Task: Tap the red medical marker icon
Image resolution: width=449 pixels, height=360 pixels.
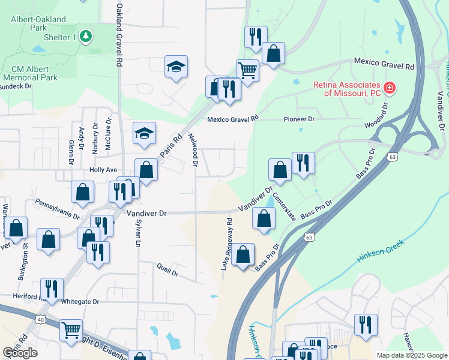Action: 390,88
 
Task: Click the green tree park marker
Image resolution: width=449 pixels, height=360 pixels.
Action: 86,37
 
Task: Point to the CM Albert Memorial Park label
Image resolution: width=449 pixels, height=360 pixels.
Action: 30,73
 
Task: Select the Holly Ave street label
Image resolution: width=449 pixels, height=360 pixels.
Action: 103,170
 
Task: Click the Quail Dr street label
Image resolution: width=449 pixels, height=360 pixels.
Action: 167,271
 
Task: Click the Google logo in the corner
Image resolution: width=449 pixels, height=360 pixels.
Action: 20,353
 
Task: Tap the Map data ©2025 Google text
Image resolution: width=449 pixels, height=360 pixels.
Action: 411,355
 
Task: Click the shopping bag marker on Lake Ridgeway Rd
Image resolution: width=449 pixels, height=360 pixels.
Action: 243,254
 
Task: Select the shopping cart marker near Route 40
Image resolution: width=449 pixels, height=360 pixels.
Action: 71,329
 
